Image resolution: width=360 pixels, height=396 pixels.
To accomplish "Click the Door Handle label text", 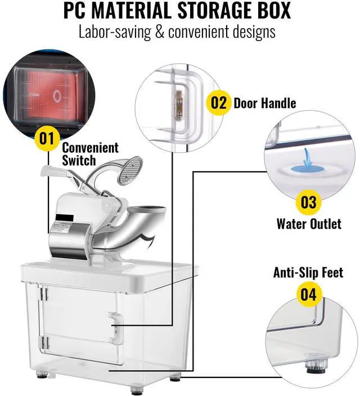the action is [264, 103].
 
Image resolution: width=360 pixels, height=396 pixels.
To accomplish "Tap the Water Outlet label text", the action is [308, 224].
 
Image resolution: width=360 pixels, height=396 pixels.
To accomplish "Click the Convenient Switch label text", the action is [90, 154].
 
